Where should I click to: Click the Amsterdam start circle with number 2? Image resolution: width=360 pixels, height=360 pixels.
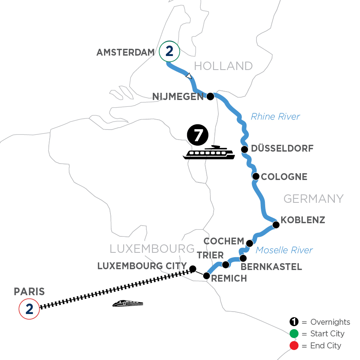[x=169, y=51]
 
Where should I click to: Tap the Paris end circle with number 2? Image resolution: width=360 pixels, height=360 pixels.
[x=29, y=309]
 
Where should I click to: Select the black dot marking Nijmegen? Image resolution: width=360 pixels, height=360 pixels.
[x=210, y=96]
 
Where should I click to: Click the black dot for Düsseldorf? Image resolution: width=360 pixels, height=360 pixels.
[x=244, y=149]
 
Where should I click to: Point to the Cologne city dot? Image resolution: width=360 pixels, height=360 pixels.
[x=256, y=176]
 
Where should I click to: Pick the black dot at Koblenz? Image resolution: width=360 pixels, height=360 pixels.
[x=276, y=225]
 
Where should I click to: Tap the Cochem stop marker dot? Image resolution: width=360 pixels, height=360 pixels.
[x=249, y=243]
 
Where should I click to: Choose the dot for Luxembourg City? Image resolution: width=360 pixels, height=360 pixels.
[x=192, y=268]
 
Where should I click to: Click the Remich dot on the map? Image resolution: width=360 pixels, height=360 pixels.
[x=206, y=276]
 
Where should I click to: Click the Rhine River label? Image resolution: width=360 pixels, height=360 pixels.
[x=275, y=117]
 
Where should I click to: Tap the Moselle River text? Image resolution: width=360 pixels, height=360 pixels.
[x=284, y=250]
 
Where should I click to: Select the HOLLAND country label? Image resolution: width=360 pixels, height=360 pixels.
[x=223, y=66]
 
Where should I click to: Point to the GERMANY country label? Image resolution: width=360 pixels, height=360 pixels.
[x=313, y=198]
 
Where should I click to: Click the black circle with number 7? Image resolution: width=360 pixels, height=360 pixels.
[x=197, y=135]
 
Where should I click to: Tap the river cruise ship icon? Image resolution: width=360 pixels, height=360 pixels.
[x=209, y=152]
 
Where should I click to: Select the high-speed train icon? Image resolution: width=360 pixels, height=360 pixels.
[x=128, y=304]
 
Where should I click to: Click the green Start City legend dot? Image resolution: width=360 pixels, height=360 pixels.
[x=294, y=334]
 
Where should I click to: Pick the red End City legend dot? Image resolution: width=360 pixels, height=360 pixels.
[x=294, y=345]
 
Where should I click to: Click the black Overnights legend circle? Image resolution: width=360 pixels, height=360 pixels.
[x=294, y=322]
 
